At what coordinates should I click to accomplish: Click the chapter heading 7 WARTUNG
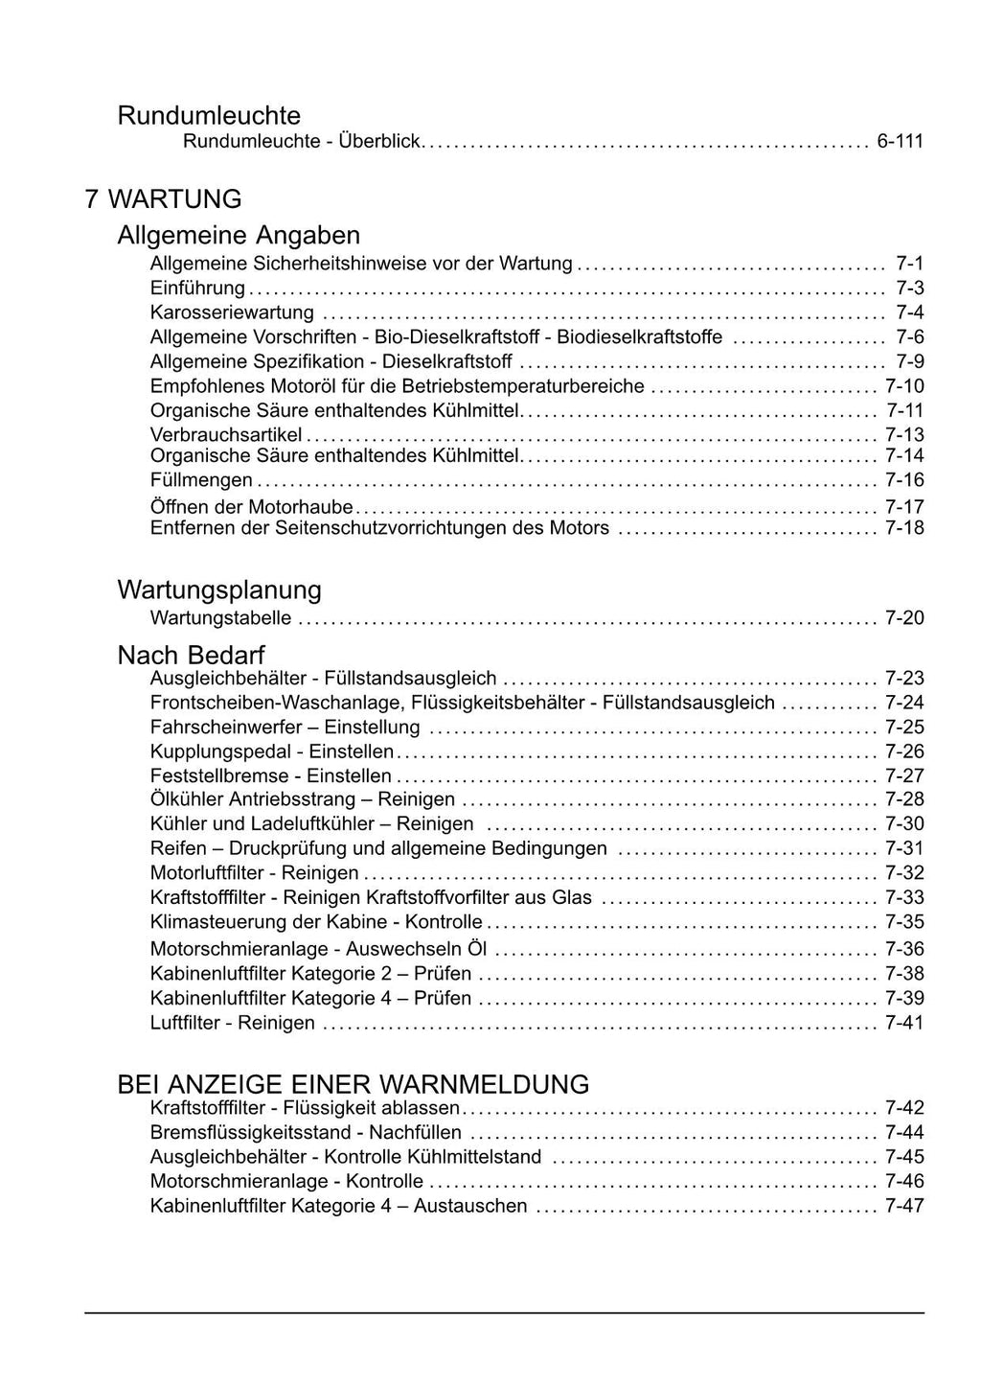[x=163, y=199]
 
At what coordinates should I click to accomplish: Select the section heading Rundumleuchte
[x=209, y=116]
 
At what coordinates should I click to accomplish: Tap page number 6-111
[x=900, y=142]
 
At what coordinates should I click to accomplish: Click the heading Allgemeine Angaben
[x=239, y=235]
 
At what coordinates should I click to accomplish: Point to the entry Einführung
[x=197, y=288]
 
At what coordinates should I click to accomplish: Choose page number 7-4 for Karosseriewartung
[x=909, y=312]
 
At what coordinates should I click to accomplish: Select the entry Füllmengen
[x=201, y=480]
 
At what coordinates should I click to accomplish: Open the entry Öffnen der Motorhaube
[x=252, y=506]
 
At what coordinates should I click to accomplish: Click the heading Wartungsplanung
[x=219, y=589]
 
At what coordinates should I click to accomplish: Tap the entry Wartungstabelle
[x=221, y=618]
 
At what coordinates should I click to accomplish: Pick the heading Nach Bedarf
[x=191, y=656]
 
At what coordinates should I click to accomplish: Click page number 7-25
[x=904, y=728]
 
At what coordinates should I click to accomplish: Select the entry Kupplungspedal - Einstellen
[x=272, y=751]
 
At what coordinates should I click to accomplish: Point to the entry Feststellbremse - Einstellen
[x=271, y=775]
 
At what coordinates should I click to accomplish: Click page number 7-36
[x=904, y=949]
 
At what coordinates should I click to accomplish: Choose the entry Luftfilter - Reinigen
[x=233, y=1023]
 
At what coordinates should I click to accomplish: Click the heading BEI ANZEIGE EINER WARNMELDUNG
[x=353, y=1084]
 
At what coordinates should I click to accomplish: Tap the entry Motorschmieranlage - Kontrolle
[x=286, y=1181]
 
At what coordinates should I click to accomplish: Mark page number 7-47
[x=904, y=1206]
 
